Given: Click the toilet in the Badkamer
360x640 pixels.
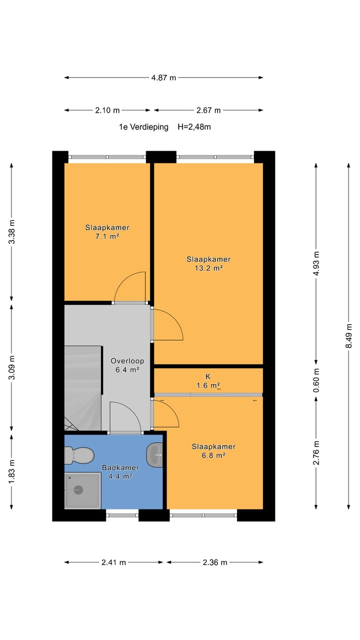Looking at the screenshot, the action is (79, 455).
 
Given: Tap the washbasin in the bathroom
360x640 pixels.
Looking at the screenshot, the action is (154, 455).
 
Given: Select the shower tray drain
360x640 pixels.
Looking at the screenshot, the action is (78, 490).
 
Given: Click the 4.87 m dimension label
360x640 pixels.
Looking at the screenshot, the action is (163, 77).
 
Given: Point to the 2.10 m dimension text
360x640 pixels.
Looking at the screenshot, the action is (107, 110).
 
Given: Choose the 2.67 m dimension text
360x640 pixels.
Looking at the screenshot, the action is (208, 110).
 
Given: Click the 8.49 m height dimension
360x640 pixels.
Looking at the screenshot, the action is (348, 336).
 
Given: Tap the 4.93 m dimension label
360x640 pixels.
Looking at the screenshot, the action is (316, 263).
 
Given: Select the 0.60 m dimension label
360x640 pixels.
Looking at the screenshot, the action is (316, 380).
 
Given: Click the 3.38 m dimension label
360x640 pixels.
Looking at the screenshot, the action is (11, 231).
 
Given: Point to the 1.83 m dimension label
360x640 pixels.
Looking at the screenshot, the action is (11, 472).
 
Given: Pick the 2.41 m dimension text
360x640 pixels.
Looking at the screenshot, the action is (113, 562).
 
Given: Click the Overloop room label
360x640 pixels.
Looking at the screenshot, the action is (127, 361).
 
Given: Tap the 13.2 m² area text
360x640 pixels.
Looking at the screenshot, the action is (208, 268).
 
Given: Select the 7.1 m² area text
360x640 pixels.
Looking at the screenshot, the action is (107, 236).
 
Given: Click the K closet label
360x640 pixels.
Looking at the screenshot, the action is (208, 376).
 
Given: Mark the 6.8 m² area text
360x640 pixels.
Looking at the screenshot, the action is (213, 455).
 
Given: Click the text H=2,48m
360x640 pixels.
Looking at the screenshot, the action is (194, 127).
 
